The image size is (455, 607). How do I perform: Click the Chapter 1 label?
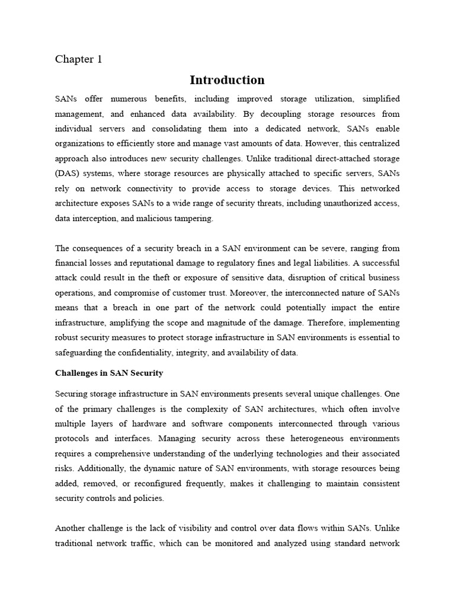79,59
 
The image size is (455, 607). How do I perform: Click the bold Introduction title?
227,80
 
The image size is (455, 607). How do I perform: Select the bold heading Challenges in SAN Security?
109,373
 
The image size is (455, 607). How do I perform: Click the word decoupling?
277,113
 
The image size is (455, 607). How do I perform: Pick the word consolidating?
185,128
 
